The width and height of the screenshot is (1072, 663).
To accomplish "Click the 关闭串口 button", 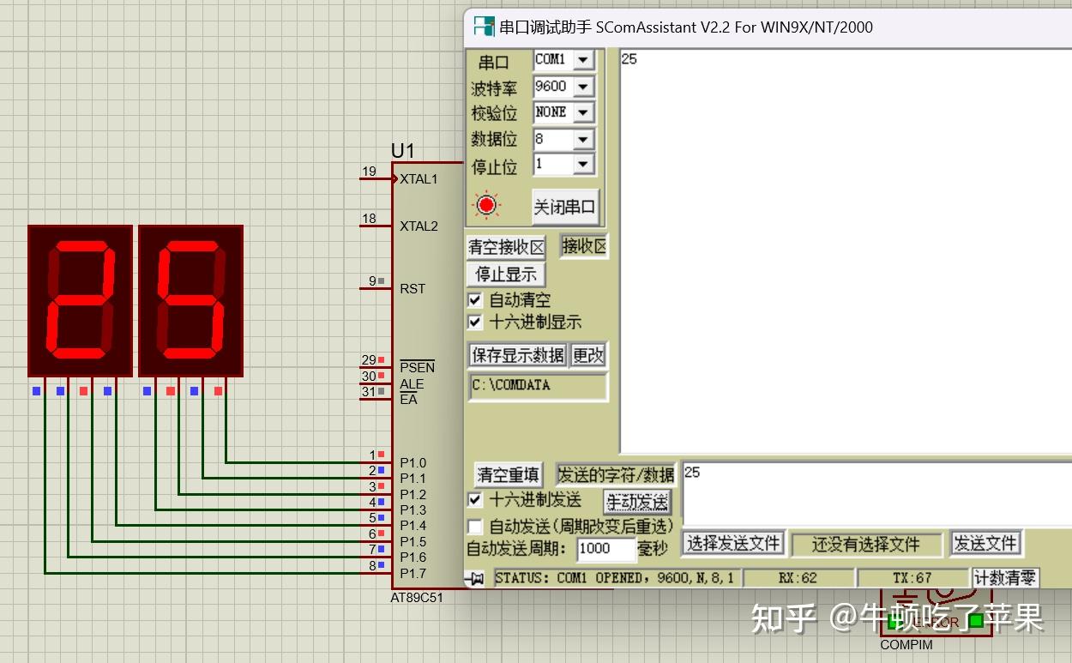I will [564, 207].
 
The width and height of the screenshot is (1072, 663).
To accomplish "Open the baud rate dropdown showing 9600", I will [583, 87].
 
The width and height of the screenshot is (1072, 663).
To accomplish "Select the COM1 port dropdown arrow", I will [583, 60].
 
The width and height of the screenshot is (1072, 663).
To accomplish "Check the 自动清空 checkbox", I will [475, 300].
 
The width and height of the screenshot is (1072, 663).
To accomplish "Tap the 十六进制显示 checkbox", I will [475, 322].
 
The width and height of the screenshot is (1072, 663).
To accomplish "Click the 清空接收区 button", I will [506, 248].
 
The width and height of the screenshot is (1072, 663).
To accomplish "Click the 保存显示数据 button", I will [518, 355].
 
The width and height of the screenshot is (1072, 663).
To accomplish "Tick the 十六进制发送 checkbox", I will [475, 499].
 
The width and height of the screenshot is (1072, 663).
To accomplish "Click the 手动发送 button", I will [637, 501].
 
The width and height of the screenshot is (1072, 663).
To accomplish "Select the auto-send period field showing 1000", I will [605, 548].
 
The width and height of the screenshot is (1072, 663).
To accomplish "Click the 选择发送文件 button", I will [733, 543].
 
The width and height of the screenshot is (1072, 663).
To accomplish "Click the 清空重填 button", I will [509, 474].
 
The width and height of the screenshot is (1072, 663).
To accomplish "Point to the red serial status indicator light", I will [487, 205].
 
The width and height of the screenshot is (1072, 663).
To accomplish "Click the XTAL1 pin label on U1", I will [419, 179].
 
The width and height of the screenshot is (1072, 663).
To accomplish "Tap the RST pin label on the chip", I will [413, 288].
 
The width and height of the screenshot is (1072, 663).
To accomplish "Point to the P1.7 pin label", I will [413, 573].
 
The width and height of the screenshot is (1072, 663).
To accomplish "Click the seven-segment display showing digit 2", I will [81, 300].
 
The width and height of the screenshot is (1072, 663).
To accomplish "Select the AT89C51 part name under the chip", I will [417, 598].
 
